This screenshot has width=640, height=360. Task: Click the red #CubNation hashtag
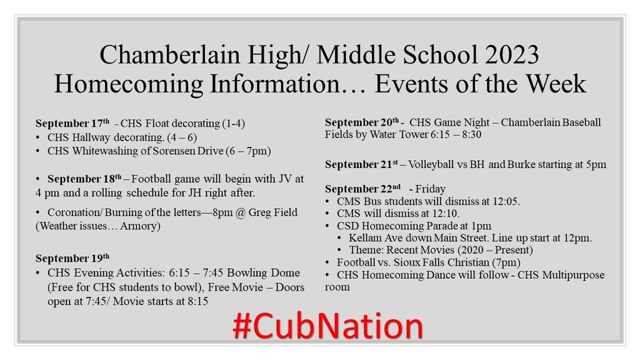(327, 326)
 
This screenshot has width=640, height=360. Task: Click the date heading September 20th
(362, 122)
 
